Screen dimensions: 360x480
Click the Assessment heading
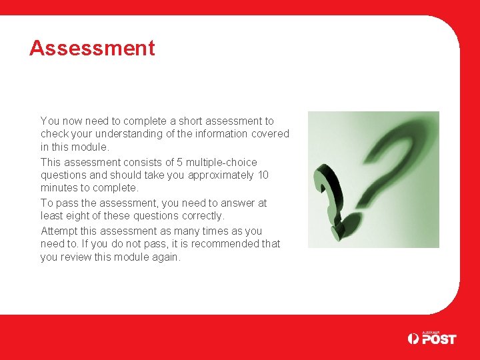coord(92,48)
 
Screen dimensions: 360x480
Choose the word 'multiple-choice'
coord(221,163)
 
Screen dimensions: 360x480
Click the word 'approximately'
coord(221,175)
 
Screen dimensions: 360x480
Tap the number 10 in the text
coord(263,175)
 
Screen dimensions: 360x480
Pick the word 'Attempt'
coord(60,231)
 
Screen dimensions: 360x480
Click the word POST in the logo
coord(439,339)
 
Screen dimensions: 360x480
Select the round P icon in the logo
coord(413,339)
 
